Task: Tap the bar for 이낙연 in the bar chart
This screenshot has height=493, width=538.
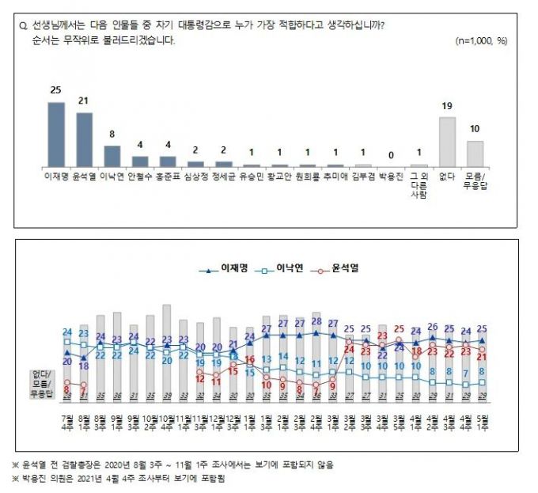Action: [x=112, y=155]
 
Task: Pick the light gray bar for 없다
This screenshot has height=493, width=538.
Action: [x=447, y=141]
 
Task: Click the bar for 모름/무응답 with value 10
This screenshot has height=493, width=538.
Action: [x=475, y=153]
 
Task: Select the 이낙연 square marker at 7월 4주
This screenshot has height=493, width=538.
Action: [x=67, y=342]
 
